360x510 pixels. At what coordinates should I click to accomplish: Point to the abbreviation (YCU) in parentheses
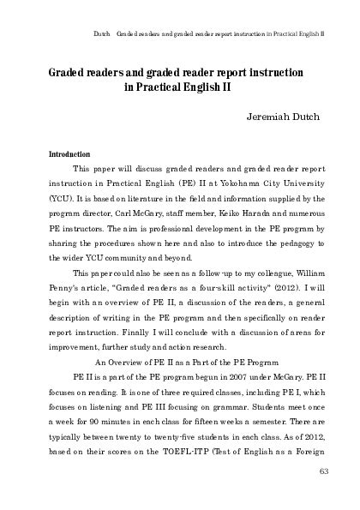[61, 200]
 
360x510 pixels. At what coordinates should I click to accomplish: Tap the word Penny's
[66, 292]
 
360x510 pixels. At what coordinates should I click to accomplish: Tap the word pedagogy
[301, 246]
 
